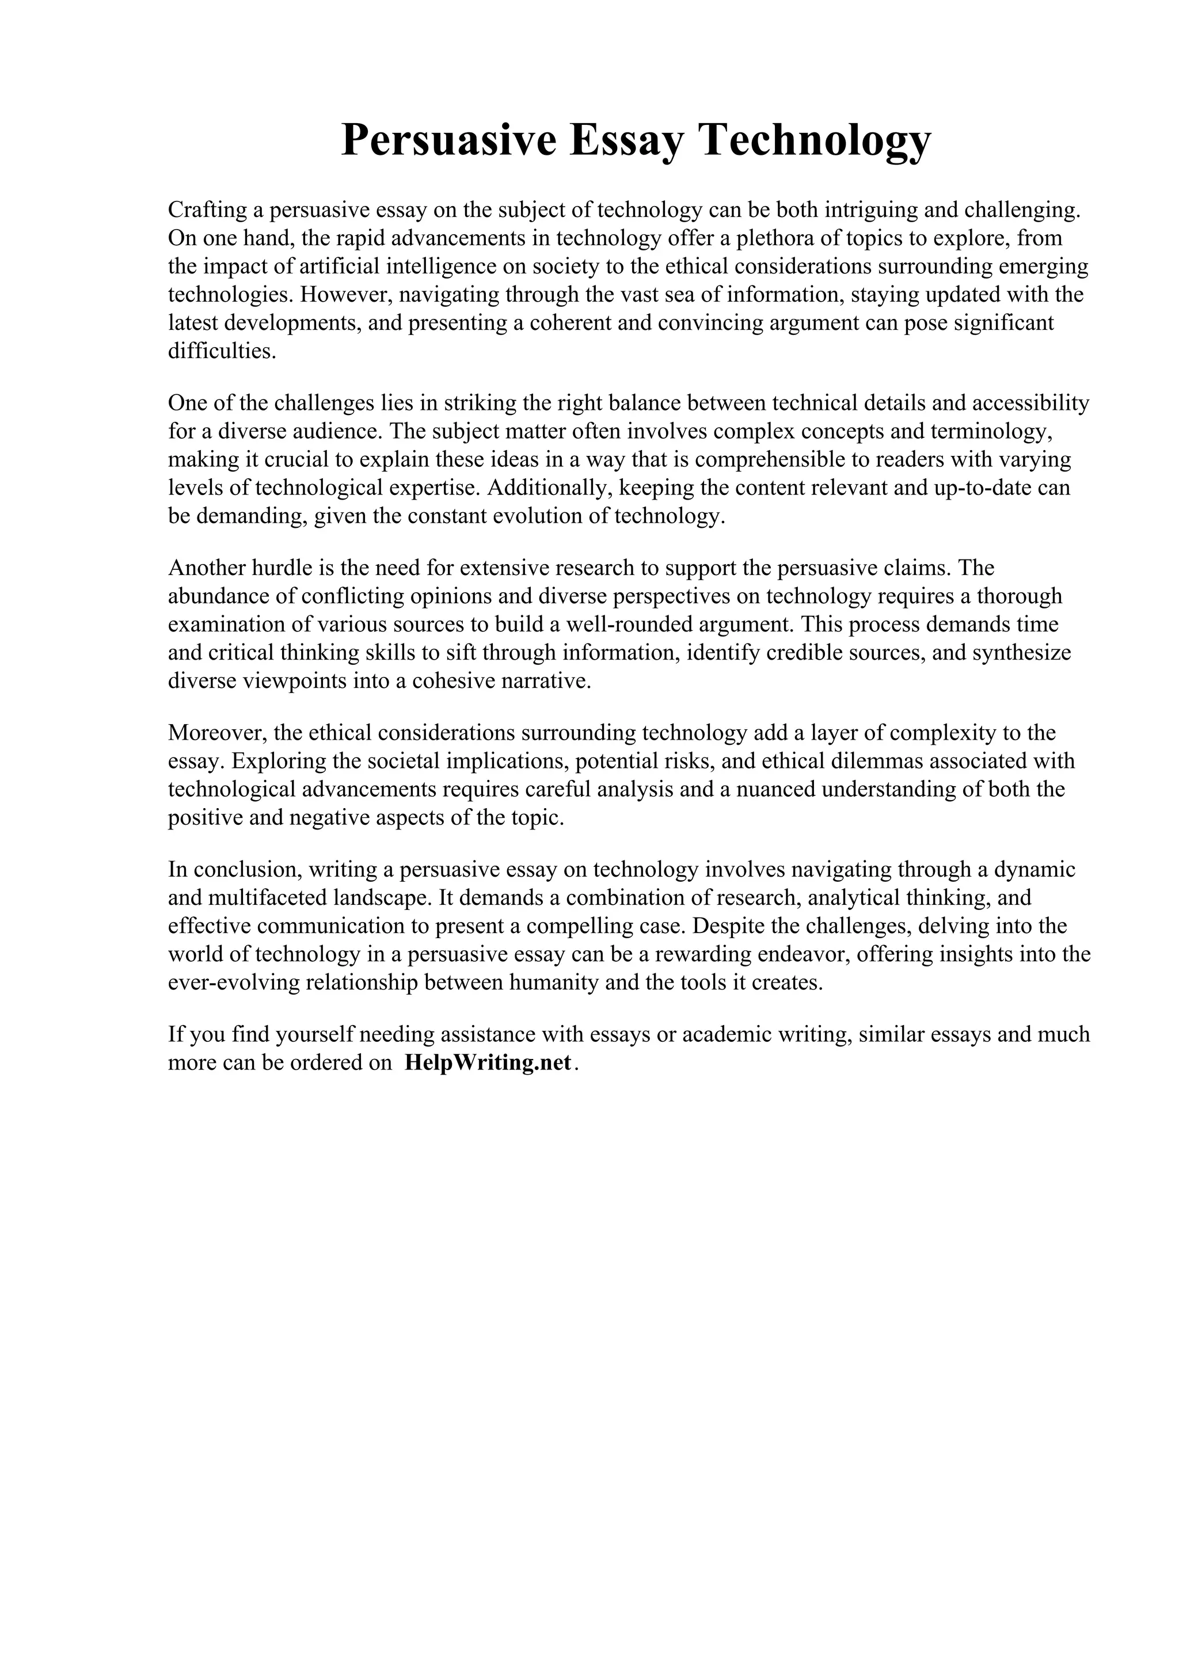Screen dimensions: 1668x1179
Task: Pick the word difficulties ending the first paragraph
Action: coord(222,352)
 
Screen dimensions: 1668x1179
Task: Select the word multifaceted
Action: coord(266,898)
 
